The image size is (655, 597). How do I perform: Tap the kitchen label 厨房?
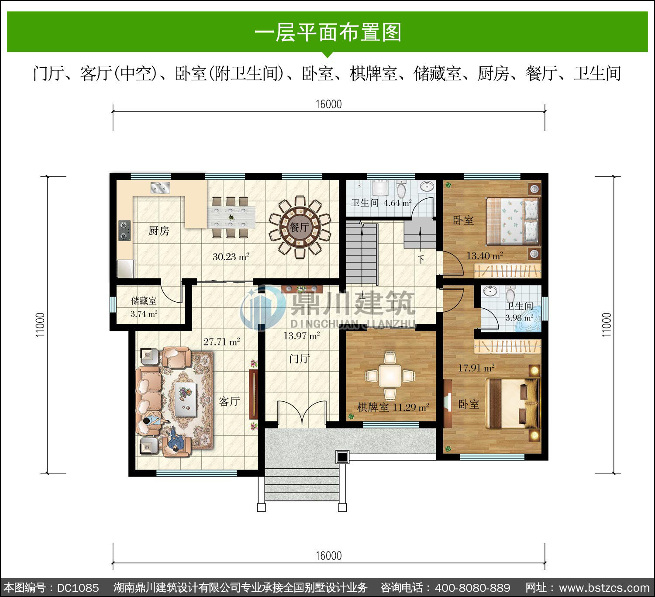tap(159, 231)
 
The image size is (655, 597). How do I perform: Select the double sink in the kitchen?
tap(160, 188)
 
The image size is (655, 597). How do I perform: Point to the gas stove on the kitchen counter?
tap(124, 231)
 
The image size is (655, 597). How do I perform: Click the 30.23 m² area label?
tap(231, 257)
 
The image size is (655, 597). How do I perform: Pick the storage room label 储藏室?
tap(144, 300)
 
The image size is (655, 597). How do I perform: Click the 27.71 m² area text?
tap(222, 342)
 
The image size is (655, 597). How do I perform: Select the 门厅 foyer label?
tap(300, 359)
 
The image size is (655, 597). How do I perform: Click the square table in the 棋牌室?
tap(390, 376)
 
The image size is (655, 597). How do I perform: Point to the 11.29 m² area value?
tap(411, 407)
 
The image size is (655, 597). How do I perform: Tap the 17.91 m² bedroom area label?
tap(476, 368)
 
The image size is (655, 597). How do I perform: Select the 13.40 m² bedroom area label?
tap(485, 256)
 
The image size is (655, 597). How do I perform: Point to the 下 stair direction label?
tap(421, 259)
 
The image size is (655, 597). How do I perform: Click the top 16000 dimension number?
tap(328, 104)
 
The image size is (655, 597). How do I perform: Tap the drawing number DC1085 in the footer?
tap(78, 587)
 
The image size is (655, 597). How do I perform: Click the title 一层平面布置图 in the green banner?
tap(327, 32)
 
